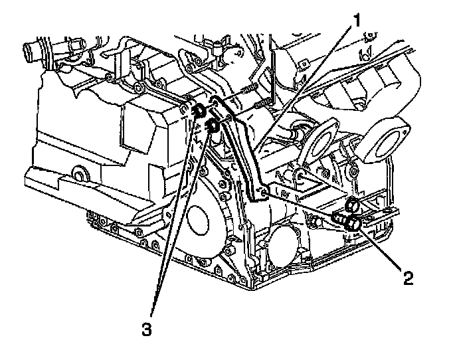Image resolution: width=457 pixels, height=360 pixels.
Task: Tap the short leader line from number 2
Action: pos(382,249)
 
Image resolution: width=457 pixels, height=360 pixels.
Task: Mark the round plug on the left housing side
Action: pos(80,177)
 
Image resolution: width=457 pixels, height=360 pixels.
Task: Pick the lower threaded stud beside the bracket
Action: pos(260,103)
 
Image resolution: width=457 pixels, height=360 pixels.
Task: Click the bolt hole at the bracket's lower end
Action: pos(265,193)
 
